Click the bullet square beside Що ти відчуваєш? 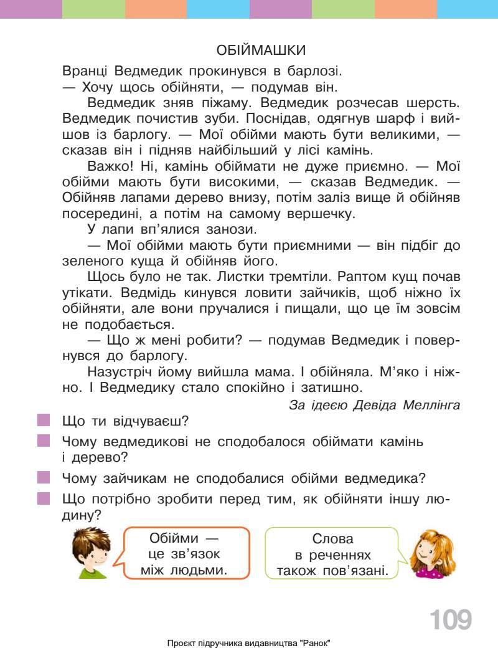(43, 421)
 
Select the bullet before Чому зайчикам (43, 478)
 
